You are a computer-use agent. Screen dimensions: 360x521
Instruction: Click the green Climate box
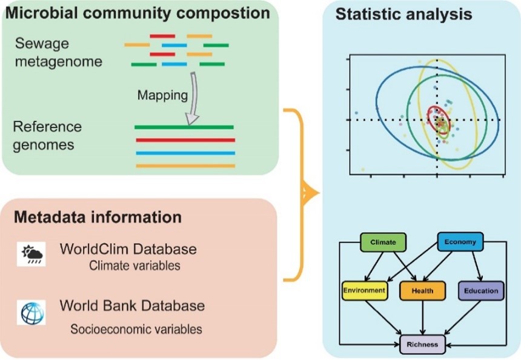click(382, 242)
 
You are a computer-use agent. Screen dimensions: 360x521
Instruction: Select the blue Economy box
click(460, 242)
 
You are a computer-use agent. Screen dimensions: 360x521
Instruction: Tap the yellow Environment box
click(363, 290)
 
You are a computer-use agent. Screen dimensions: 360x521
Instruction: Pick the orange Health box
click(422, 291)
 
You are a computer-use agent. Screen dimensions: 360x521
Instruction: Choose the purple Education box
click(481, 291)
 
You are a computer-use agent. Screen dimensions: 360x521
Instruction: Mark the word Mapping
click(159, 95)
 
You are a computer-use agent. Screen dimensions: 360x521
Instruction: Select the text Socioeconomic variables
click(136, 330)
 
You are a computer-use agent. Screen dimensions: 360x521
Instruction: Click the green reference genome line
click(184, 127)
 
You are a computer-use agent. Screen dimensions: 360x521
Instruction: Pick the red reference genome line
click(185, 140)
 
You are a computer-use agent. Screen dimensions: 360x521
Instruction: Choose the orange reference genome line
click(185, 165)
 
